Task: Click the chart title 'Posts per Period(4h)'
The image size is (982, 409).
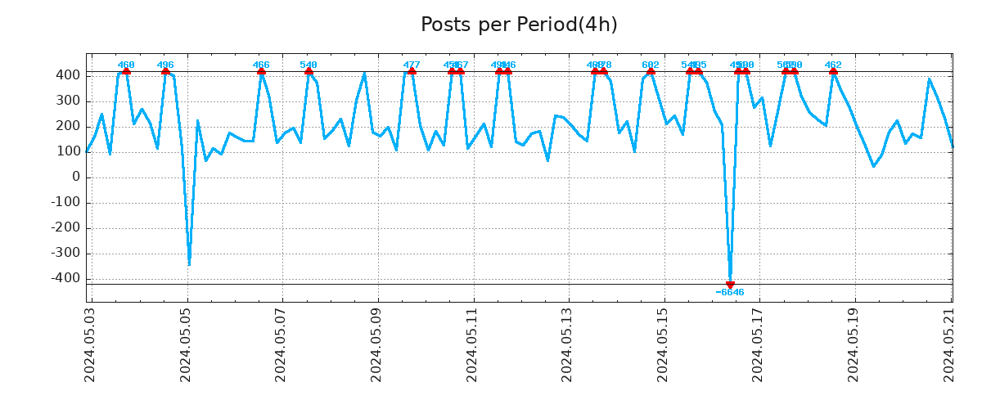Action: coord(519,25)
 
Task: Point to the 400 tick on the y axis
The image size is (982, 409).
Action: coord(70,75)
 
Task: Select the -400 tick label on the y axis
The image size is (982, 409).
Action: coord(67,279)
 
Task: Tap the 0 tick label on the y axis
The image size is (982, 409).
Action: coord(76,178)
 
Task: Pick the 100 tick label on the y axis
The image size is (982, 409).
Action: coord(70,152)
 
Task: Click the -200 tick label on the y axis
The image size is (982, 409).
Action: coord(67,228)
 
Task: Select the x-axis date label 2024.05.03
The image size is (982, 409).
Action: coord(91,344)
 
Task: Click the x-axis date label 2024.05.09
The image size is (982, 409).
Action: coord(376,344)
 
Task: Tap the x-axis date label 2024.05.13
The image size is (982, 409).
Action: coord(567,344)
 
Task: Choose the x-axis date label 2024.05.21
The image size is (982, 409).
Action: coord(948,344)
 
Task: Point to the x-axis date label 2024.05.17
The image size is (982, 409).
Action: coord(758,344)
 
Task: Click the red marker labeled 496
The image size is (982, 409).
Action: coord(165,71)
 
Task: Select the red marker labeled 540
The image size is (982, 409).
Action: coord(309,71)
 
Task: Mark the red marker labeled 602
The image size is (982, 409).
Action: coord(651,71)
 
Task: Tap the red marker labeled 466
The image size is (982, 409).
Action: coord(261,71)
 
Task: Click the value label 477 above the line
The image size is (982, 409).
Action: coord(412,65)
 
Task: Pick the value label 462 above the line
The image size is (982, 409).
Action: coord(833,65)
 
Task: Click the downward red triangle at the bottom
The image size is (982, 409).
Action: coord(730,285)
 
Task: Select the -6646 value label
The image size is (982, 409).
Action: coord(730,293)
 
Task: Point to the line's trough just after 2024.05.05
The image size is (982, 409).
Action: coord(189,264)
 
